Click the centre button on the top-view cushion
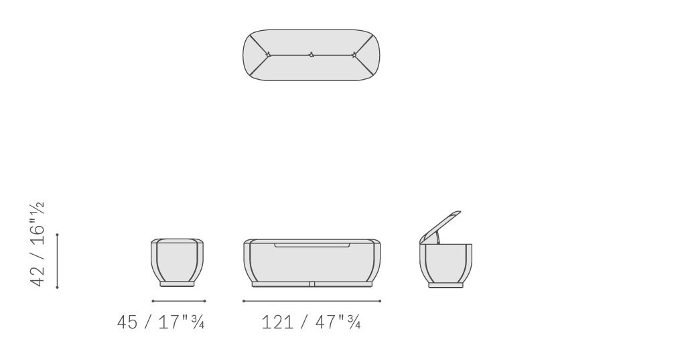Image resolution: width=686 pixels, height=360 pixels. pos(312,55)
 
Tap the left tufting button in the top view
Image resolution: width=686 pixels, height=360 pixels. pos(269,55)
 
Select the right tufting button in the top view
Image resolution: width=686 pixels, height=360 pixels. pos(354,55)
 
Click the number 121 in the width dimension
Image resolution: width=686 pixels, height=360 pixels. pos(277,322)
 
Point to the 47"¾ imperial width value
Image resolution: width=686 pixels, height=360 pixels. pos(338,322)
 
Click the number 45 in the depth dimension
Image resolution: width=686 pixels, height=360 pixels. pos(127,322)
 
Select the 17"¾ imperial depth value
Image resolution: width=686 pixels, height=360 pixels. pos(182,322)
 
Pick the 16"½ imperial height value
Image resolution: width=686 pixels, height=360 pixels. pos(38,224)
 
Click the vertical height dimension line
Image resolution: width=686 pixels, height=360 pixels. pos(58,261)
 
